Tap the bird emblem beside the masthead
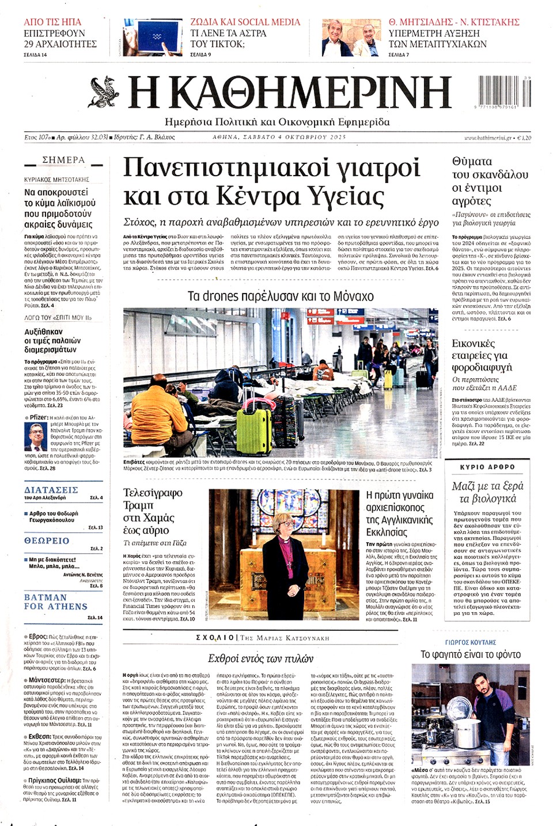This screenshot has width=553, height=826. [x=104, y=92]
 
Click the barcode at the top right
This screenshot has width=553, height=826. [x=504, y=92]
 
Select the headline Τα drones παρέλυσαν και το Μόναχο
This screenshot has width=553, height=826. [x=281, y=296]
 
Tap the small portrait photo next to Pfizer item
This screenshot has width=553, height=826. [x=35, y=436]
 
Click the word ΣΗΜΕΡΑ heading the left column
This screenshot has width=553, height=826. [x=63, y=160]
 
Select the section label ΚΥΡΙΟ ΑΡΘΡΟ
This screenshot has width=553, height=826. [x=487, y=467]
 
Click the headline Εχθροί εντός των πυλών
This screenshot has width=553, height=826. [x=260, y=658]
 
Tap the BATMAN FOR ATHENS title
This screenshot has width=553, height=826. [x=56, y=602]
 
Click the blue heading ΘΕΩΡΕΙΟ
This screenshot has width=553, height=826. [x=47, y=541]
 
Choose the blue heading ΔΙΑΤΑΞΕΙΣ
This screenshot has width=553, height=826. [x=51, y=490]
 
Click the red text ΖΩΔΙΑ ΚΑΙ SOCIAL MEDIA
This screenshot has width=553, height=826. [x=245, y=22]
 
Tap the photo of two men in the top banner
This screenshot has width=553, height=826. [x=352, y=37]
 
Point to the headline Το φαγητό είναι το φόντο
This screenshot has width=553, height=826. [x=470, y=654]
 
